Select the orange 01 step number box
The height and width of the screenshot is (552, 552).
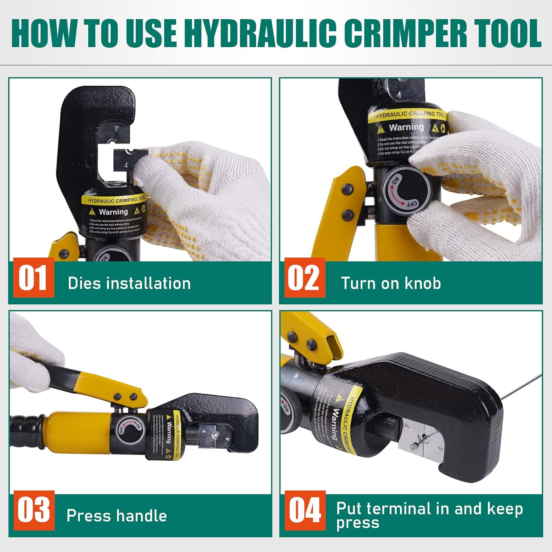[33, 278]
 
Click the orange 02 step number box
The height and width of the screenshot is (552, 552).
[304, 278]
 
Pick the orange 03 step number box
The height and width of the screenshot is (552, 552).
[33, 510]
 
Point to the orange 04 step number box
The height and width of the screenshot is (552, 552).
[305, 510]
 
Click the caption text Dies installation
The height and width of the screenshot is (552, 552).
[129, 283]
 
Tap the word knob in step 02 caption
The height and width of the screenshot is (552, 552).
[422, 283]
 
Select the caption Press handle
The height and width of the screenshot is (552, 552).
[117, 516]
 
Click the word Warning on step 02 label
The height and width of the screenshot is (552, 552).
[406, 127]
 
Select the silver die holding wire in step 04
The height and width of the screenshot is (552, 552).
[420, 440]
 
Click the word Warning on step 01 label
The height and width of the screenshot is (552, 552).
[113, 212]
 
